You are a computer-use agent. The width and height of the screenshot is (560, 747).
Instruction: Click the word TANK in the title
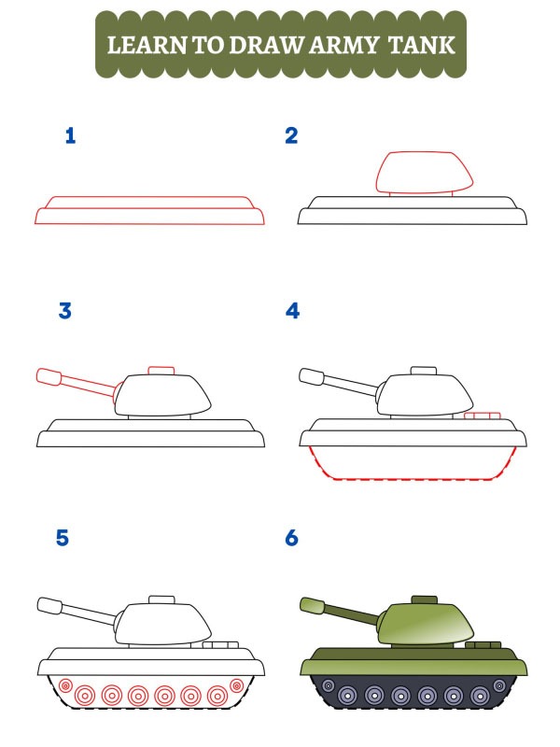(x=426, y=45)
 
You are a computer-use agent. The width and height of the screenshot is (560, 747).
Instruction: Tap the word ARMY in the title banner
(x=356, y=45)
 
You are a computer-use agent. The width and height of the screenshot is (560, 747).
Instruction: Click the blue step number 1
(x=70, y=136)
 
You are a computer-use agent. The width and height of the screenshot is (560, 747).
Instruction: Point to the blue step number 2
(x=291, y=136)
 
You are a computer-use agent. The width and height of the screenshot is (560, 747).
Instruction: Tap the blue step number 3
(x=65, y=311)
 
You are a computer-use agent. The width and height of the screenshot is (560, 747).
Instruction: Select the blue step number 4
(x=292, y=311)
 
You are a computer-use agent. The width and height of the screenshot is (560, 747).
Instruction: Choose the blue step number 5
(x=63, y=539)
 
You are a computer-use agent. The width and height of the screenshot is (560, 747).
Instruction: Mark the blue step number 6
(x=291, y=539)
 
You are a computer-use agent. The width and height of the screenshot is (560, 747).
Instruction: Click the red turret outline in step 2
(x=423, y=172)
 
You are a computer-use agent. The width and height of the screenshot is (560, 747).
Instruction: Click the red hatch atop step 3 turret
(x=161, y=371)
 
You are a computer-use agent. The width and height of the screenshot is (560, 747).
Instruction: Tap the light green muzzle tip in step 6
(x=311, y=605)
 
